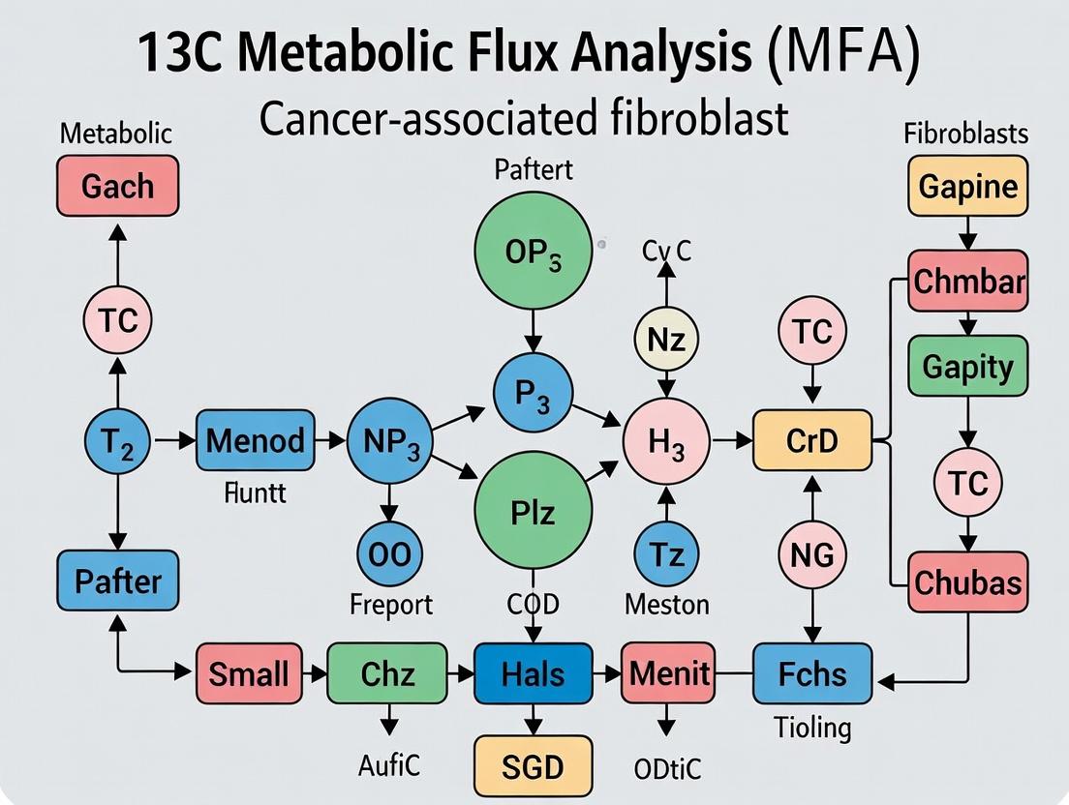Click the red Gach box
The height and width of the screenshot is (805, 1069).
click(117, 185)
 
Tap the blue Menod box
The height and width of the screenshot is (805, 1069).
click(256, 441)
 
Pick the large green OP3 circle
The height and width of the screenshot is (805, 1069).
click(533, 252)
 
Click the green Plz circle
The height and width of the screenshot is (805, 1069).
click(533, 510)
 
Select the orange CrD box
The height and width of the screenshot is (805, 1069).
click(811, 441)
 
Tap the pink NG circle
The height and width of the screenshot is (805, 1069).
click(811, 554)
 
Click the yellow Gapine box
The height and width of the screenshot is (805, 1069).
click(967, 185)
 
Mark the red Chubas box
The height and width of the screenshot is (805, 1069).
click(967, 582)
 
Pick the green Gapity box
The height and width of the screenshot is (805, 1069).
click(967, 367)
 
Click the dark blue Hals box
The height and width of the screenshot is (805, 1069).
click(534, 672)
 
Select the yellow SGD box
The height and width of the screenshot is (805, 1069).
click(534, 765)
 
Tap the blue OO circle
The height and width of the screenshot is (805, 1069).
click(389, 554)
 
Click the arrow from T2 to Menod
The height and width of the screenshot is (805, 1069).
click(176, 441)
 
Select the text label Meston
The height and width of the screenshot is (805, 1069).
click(666, 605)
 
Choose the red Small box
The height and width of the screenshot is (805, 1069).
click(248, 672)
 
